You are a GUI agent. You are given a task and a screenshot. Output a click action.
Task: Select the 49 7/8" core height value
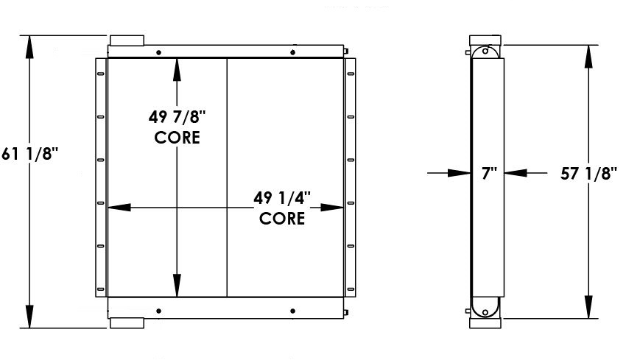point(177,116)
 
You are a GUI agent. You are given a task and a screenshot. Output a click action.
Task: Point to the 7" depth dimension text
point(490,174)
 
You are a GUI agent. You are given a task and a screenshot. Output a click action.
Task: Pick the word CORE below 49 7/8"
point(177,138)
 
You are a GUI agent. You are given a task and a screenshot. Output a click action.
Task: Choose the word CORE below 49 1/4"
point(282,219)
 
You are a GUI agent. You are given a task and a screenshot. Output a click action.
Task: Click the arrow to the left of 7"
point(460,174)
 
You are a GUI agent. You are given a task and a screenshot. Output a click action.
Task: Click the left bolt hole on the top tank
point(159,52)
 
